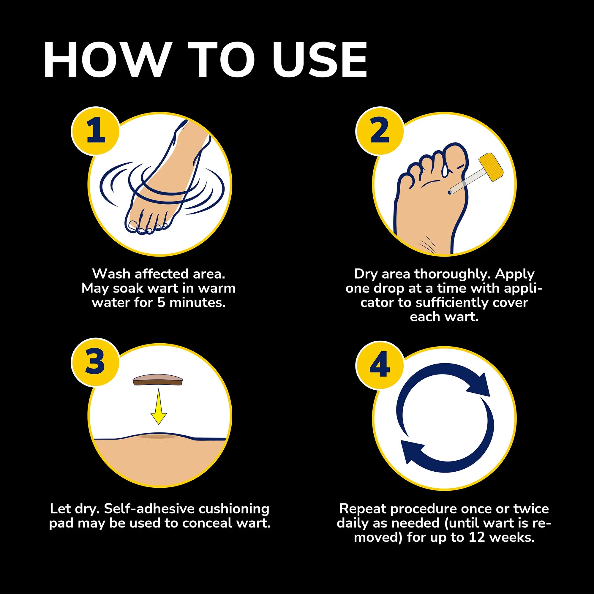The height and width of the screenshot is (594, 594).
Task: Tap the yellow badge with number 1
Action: pyautogui.click(x=95, y=131)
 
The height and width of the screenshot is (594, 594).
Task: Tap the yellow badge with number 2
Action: pyautogui.click(x=380, y=131)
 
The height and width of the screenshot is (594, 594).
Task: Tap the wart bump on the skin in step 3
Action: pyautogui.click(x=159, y=436)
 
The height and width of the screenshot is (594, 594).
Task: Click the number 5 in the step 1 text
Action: pyautogui.click(x=161, y=303)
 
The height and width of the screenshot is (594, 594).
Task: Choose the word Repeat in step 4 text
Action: pyautogui.click(x=363, y=509)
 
